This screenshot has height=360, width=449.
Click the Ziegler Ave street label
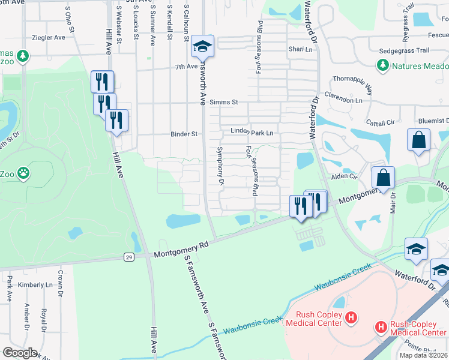coord(49,37)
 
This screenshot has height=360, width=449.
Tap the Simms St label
coord(224,103)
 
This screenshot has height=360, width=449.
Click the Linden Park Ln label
coord(252,132)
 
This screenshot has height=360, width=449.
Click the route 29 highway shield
coord(129,257)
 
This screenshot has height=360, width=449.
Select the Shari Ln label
coord(301,49)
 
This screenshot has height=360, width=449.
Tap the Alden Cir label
coord(345,177)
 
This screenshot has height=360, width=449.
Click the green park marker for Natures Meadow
coord(381,65)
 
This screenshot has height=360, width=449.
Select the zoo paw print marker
coord(23,173)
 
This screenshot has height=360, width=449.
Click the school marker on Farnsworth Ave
coord(203,46)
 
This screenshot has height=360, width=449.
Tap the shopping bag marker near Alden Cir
coord(382,178)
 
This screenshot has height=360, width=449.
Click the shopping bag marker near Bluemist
coord(418,140)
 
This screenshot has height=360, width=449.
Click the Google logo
coord(19,353)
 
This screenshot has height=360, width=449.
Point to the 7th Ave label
coord(186,67)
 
